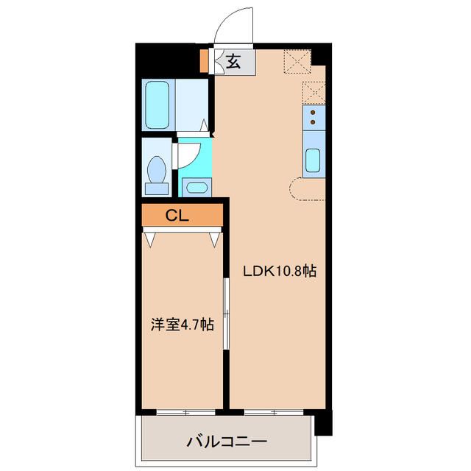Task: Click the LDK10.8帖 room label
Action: coord(280,271)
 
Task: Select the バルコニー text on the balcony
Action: coord(226,442)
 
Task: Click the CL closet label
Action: coord(176,216)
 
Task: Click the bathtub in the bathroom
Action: coord(158,105)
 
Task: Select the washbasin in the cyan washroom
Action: coord(196,186)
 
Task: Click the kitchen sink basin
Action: coord(313,159)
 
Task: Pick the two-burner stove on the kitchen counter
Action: coord(313,116)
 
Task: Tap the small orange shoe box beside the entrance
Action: coord(205,60)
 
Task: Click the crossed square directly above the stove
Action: coord(313,92)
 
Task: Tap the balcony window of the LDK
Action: coord(274,410)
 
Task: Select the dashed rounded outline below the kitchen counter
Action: coord(302,190)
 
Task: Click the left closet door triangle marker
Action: coord(152,238)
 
